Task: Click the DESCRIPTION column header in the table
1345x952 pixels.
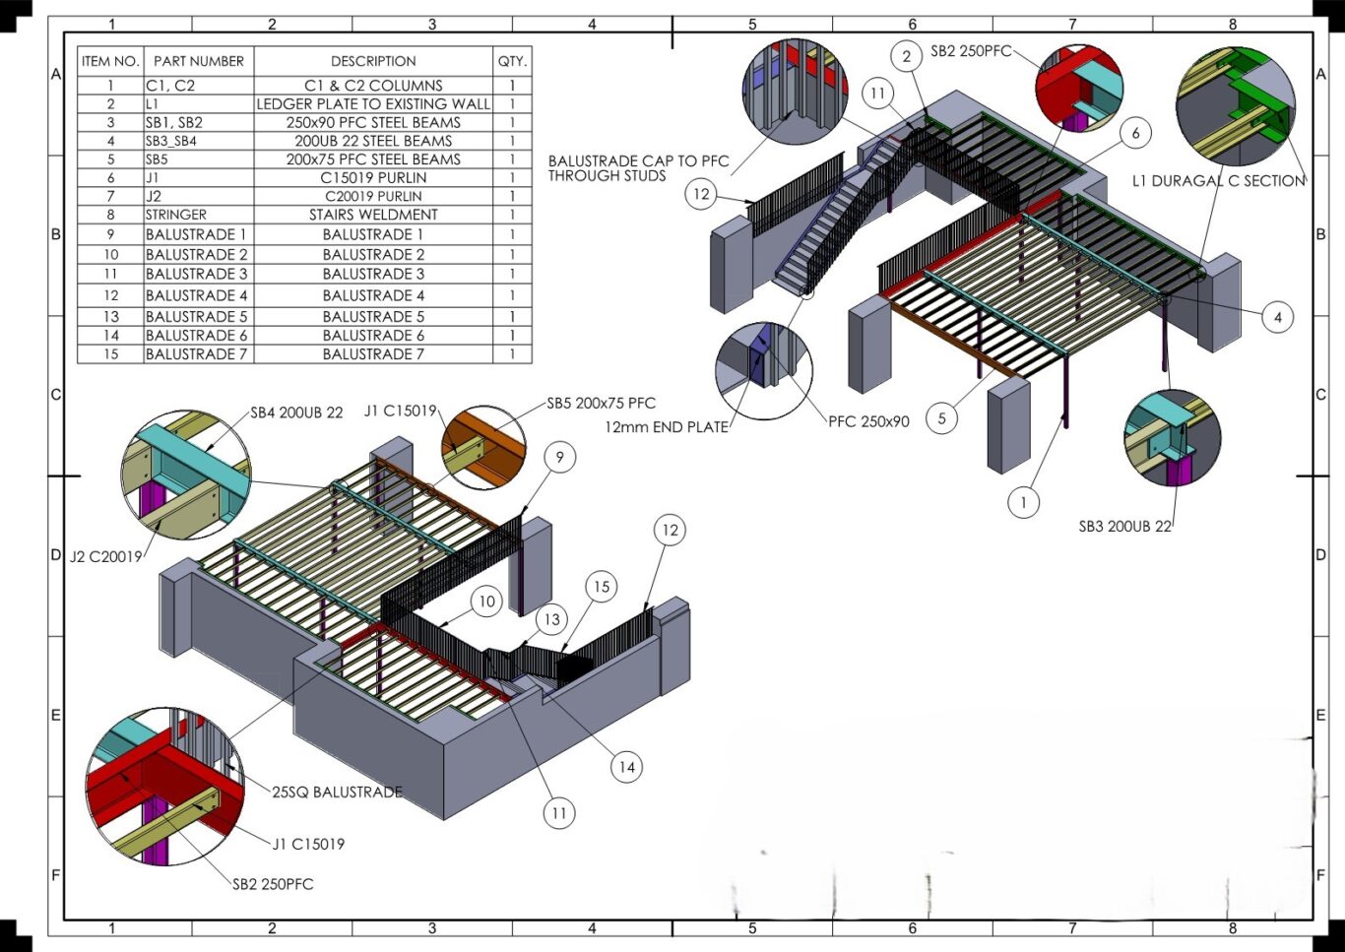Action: [x=373, y=61]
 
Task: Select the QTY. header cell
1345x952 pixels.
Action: [x=512, y=61]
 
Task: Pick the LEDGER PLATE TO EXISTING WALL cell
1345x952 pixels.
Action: [x=373, y=103]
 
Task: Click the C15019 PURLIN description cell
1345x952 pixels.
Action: [x=373, y=177]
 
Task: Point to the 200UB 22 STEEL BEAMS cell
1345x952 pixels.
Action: [x=373, y=141]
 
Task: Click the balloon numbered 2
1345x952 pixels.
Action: [x=907, y=56]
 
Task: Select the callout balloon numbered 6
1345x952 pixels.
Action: [x=1135, y=133]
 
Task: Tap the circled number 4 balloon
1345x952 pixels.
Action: [x=1278, y=318]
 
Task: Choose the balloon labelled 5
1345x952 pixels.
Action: [x=941, y=417]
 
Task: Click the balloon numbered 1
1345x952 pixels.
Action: [x=1023, y=502]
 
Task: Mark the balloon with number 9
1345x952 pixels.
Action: [x=559, y=458]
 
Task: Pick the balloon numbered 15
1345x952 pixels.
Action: [x=602, y=587]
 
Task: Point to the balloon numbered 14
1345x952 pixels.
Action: [x=627, y=767]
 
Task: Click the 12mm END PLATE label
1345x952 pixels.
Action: [x=667, y=427]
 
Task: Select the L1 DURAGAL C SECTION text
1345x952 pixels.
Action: [x=1219, y=181]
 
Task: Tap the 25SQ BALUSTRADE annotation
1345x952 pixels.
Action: [x=337, y=793]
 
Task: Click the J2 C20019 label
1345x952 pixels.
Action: [x=106, y=557]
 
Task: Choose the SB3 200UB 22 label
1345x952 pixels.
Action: [x=1125, y=527]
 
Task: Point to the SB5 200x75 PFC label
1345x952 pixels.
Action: [x=601, y=404]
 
